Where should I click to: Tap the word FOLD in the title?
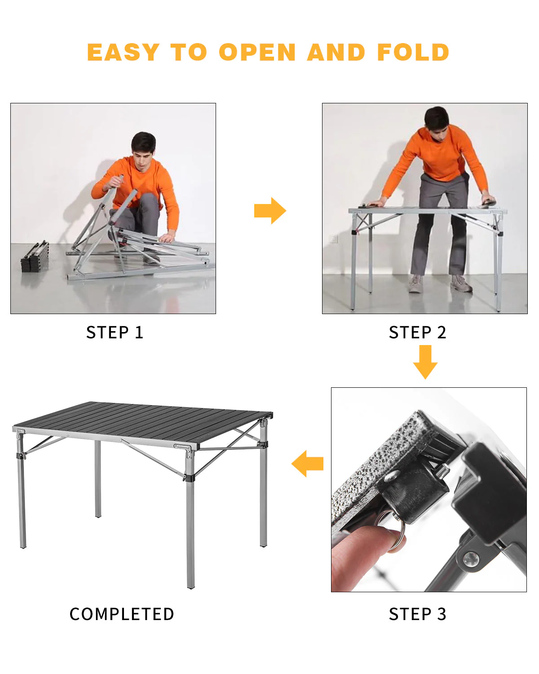coord(413,53)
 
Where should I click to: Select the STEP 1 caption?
coord(115,333)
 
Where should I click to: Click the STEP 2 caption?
coord(417,333)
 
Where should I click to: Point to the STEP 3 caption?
coord(417,614)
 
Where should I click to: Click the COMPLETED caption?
coord(122,614)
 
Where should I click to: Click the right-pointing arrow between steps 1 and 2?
coord(270,210)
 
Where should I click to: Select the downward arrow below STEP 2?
coord(425,362)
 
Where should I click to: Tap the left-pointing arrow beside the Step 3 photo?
coord(308,463)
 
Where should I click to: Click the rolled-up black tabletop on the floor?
coord(35,257)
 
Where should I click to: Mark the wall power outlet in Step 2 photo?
coord(333,238)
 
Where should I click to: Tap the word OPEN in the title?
coord(257,53)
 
